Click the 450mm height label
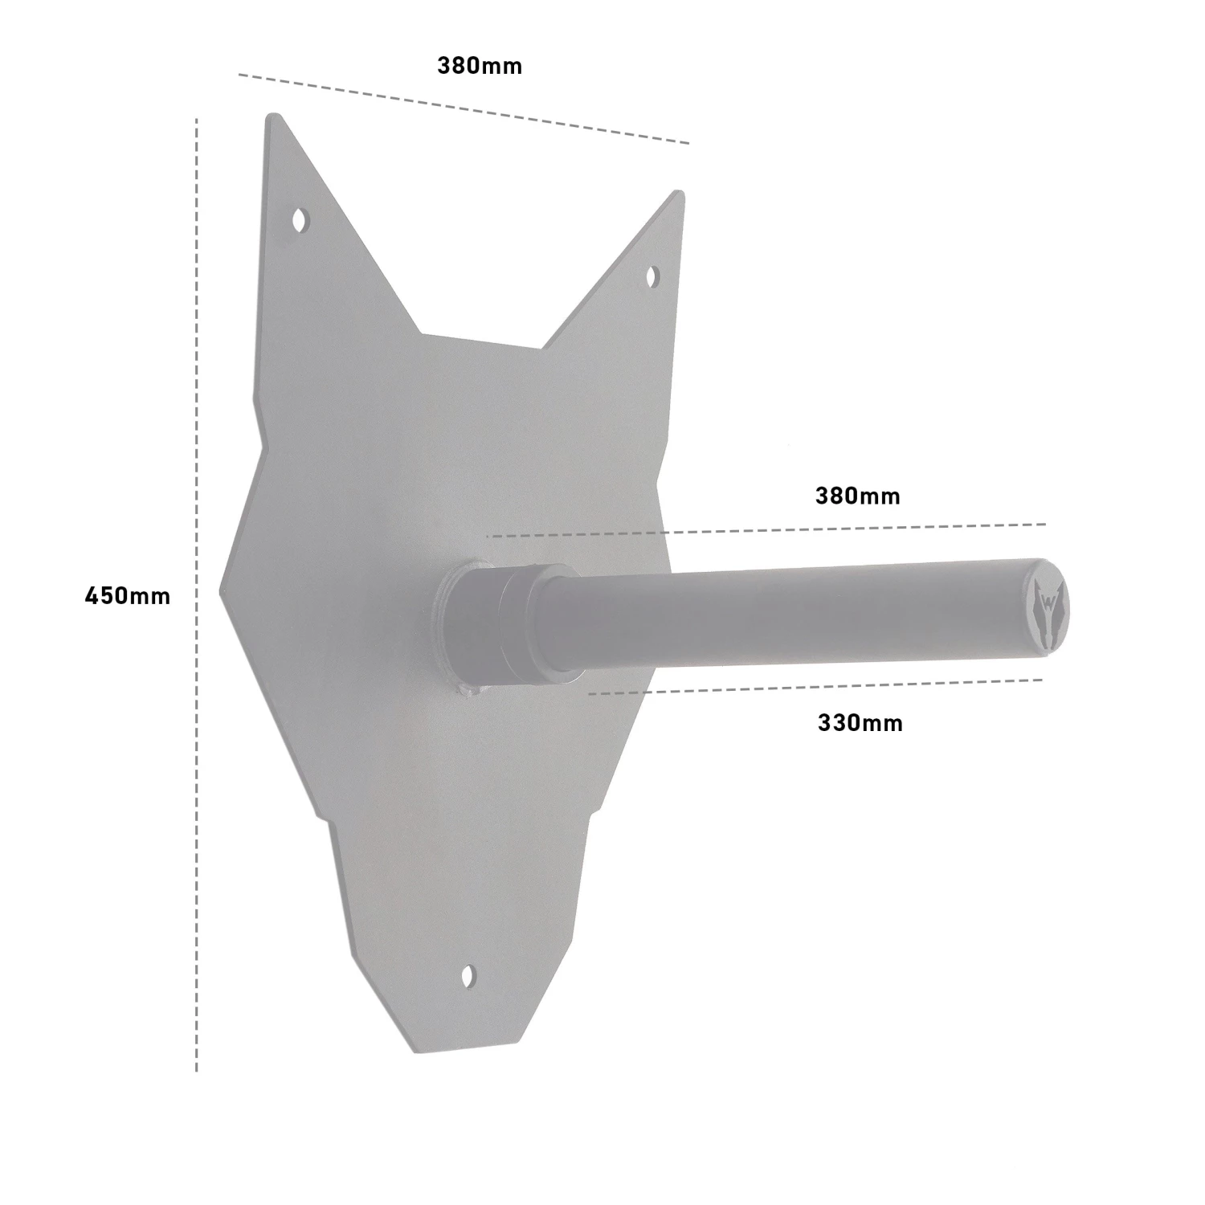pyautogui.click(x=128, y=596)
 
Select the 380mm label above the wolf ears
pyautogui.click(x=480, y=66)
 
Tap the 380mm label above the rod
pyautogui.click(x=857, y=496)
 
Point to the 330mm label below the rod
pyautogui.click(x=860, y=723)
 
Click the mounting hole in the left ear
pyautogui.click(x=301, y=219)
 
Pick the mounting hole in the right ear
pyautogui.click(x=652, y=276)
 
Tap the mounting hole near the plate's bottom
pyautogui.click(x=468, y=976)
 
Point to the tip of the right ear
pyautogui.click(x=680, y=193)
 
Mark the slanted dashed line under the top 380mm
pyautogui.click(x=464, y=109)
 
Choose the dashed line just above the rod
pyautogui.click(x=763, y=530)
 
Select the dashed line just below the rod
pyautogui.click(x=811, y=686)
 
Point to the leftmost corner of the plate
pyautogui.click(x=222, y=594)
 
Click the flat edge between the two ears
pyautogui.click(x=482, y=341)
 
